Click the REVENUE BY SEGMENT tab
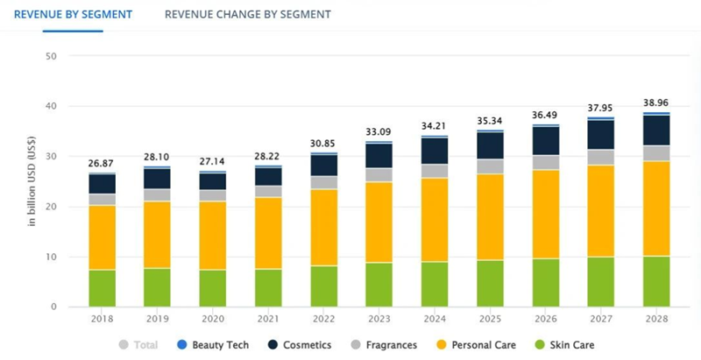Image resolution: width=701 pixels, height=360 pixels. (x=73, y=15)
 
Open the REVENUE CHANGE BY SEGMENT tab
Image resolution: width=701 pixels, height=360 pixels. (x=248, y=15)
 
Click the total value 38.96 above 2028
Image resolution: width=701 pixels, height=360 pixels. (x=656, y=102)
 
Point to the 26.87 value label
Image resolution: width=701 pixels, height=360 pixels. (x=102, y=163)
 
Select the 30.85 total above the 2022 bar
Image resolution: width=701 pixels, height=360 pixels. (x=323, y=143)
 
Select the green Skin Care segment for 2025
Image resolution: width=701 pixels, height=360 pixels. (x=490, y=283)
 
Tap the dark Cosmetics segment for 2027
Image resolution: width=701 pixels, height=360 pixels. (x=600, y=134)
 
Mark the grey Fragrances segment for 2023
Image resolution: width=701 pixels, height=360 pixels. (x=379, y=174)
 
